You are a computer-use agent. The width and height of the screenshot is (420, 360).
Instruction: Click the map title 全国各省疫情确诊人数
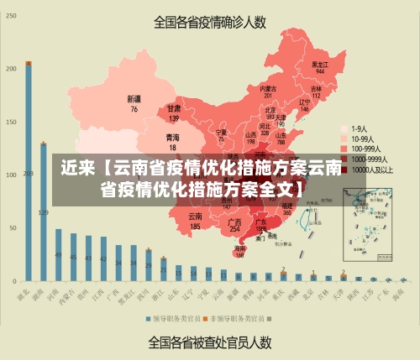pos(209,23)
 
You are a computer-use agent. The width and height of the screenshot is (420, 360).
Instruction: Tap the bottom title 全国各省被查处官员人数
pos(209,342)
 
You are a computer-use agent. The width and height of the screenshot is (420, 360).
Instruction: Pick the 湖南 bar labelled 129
pos(43,210)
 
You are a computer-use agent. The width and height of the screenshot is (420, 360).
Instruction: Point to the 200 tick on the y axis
pos(10,69)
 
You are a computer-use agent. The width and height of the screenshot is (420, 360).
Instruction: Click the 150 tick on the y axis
pos(10,122)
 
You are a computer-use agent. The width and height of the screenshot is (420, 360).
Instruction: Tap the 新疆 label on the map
pos(134,103)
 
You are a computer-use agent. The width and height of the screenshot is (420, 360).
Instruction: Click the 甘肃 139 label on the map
pos(174,113)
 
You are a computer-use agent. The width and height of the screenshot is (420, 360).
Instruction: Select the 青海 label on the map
pos(172,141)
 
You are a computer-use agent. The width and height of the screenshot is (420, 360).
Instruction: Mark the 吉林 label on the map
pos(317,91)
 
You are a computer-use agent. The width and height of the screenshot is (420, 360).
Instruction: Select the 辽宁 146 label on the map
pos(305,105)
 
